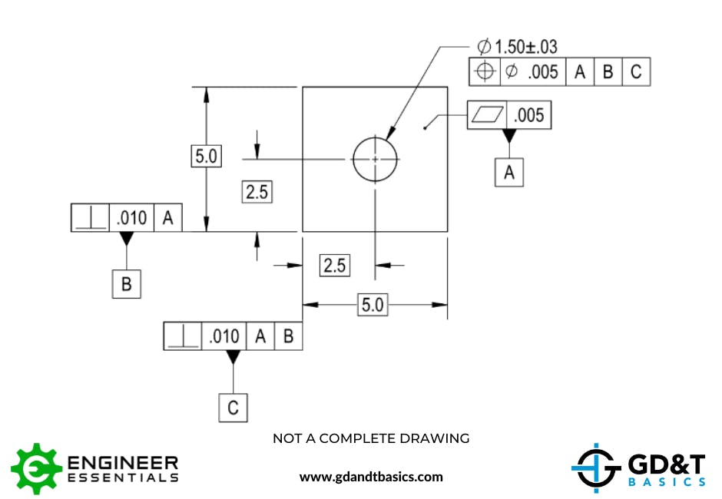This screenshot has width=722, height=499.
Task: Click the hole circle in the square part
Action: point(375,159)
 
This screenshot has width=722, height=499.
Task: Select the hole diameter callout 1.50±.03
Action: point(518,47)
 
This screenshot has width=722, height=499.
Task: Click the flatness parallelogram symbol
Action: point(488,115)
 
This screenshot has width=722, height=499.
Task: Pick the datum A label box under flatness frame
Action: point(508,173)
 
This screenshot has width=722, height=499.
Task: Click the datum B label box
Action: point(127,285)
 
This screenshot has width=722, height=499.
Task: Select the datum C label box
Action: point(233,408)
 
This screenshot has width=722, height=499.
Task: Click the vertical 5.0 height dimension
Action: point(205,157)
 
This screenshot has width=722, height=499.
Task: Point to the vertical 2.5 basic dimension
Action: point(257,192)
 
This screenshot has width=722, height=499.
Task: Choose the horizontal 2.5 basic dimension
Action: point(335,266)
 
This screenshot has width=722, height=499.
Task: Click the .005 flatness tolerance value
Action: point(528,115)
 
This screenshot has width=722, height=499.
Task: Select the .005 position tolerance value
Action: point(543,72)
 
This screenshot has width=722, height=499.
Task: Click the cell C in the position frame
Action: point(636,72)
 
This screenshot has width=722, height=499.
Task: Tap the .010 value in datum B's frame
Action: point(131,218)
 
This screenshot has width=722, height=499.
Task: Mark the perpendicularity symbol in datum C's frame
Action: point(183,336)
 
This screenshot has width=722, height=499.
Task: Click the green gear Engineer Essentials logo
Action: point(36,468)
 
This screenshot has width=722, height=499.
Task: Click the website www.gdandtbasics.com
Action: point(371,477)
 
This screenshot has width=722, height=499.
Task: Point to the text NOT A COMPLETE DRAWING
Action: point(371,438)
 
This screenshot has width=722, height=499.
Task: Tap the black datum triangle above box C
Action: point(233,357)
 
